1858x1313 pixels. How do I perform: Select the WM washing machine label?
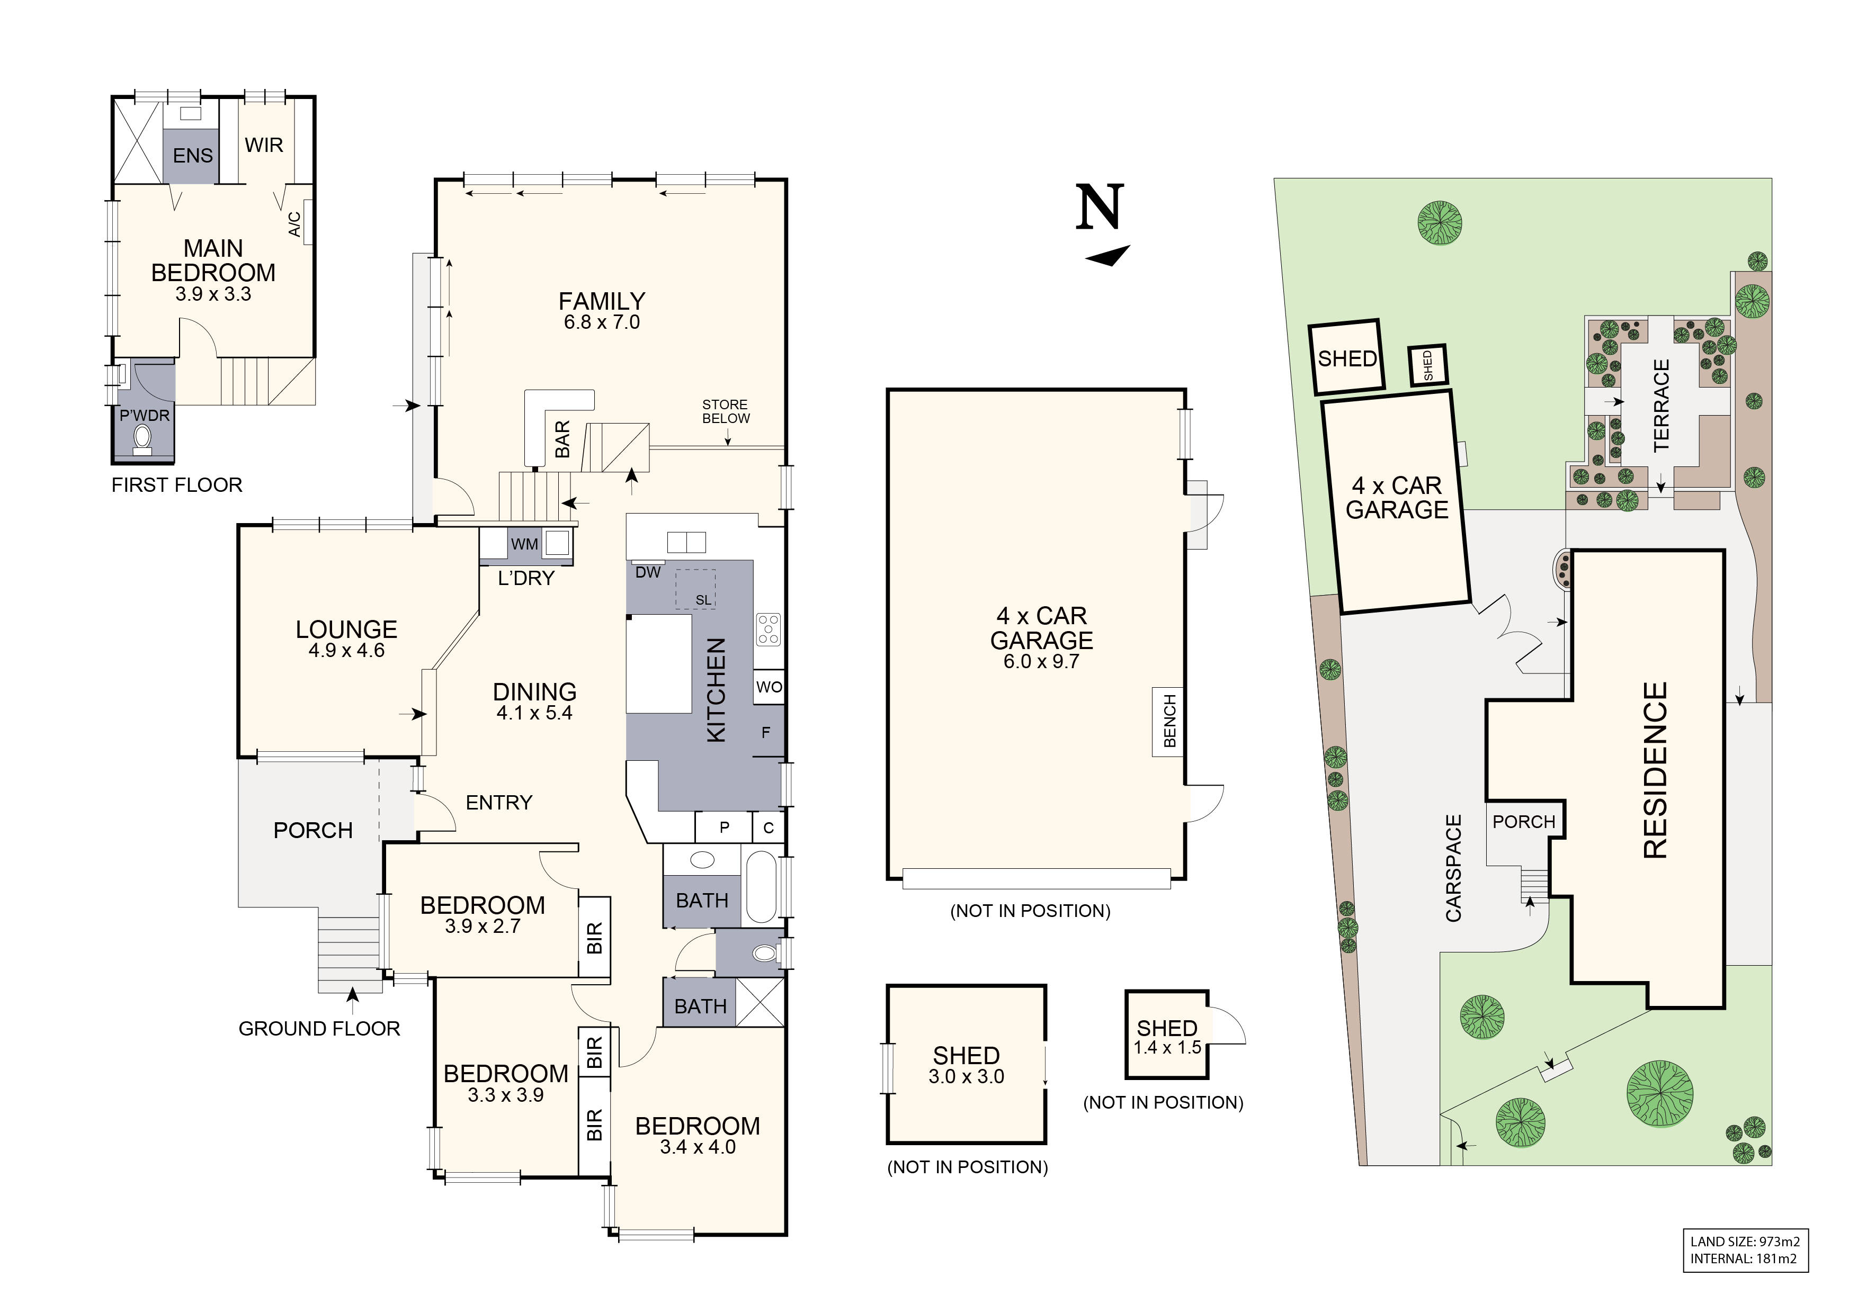coord(524,544)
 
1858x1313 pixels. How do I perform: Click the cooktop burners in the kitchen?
coord(769,629)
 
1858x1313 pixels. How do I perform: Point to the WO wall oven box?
coord(769,687)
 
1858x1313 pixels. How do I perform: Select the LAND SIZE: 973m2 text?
coord(1744,1241)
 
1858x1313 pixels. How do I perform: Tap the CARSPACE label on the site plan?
coord(1453,868)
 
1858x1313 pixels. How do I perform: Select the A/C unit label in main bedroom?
coord(294,224)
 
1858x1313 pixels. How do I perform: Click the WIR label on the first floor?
coord(264,145)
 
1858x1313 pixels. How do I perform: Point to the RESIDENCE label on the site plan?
coord(1656,769)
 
